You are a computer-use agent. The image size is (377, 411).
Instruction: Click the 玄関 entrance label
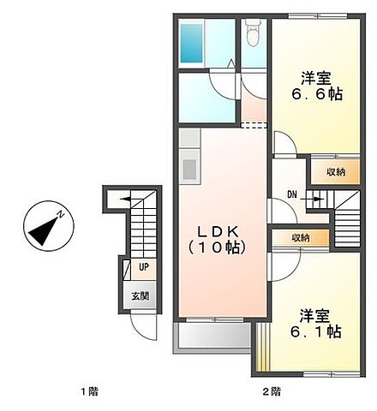point(141,296)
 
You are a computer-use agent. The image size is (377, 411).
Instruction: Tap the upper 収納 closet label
point(336,172)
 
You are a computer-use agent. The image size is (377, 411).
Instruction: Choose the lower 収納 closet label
point(300,238)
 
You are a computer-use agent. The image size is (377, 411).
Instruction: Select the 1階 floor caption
point(89,392)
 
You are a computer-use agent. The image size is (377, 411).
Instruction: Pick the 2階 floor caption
point(271,392)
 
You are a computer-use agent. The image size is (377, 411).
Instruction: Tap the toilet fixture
point(253,35)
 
